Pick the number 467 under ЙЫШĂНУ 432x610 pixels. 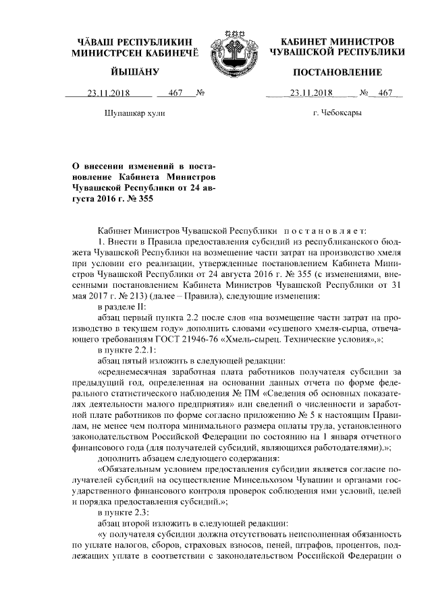(x=176, y=93)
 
